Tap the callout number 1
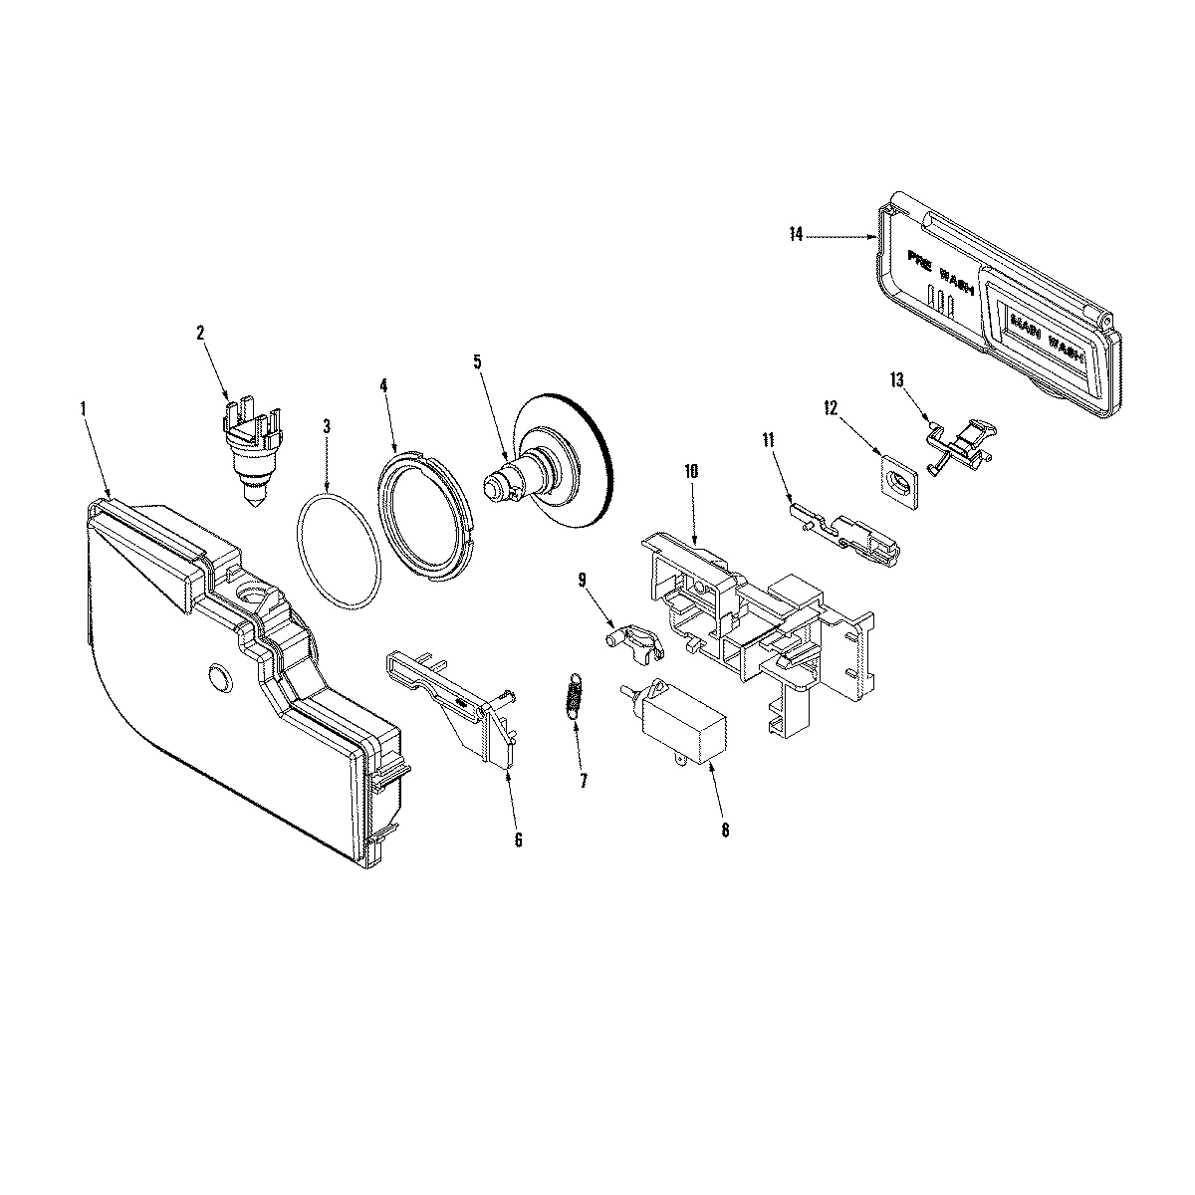point(84,408)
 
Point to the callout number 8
point(724,830)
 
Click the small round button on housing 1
point(219,678)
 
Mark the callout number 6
point(518,839)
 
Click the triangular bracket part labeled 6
point(465,709)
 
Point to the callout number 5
point(478,360)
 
